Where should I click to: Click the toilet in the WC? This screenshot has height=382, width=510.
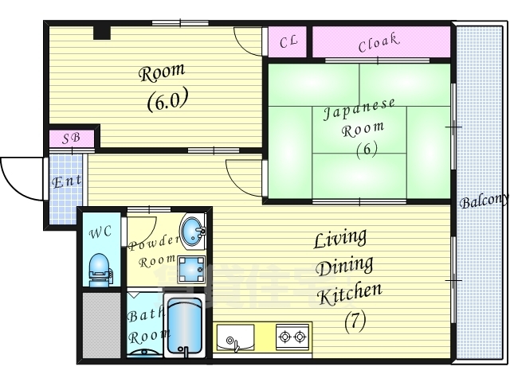pyautogui.click(x=100, y=271)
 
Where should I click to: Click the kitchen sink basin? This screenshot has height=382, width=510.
pyautogui.click(x=236, y=337)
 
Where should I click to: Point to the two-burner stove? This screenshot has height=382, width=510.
pyautogui.click(x=292, y=336)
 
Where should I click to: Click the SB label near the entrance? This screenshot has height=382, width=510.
pyautogui.click(x=71, y=138)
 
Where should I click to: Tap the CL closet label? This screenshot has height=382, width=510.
pyautogui.click(x=288, y=41)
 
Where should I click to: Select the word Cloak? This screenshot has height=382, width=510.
pyautogui.click(x=379, y=42)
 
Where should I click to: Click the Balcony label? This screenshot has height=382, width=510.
pyautogui.click(x=484, y=201)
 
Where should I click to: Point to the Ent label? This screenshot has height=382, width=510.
pyautogui.click(x=67, y=181)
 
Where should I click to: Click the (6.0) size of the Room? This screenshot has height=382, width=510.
pyautogui.click(x=167, y=99)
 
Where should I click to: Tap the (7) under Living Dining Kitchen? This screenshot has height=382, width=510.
pyautogui.click(x=355, y=322)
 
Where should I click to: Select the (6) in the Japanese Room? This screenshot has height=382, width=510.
pyautogui.click(x=367, y=150)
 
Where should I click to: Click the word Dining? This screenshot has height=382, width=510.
pyautogui.click(x=345, y=267)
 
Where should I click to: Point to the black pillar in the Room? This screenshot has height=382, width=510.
pyautogui.click(x=102, y=33)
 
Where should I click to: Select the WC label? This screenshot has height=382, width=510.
pyautogui.click(x=101, y=232)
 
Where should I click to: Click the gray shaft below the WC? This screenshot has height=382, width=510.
pyautogui.click(x=101, y=325)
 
